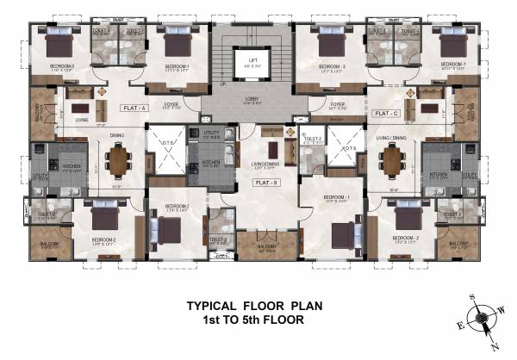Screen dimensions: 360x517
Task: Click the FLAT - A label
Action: [x=135, y=109]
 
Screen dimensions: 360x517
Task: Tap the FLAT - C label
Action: [x=385, y=114]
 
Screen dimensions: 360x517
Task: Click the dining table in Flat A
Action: [x=117, y=159]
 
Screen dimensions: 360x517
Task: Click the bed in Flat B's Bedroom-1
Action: [x=339, y=233]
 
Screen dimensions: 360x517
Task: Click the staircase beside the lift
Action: [x=226, y=60]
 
